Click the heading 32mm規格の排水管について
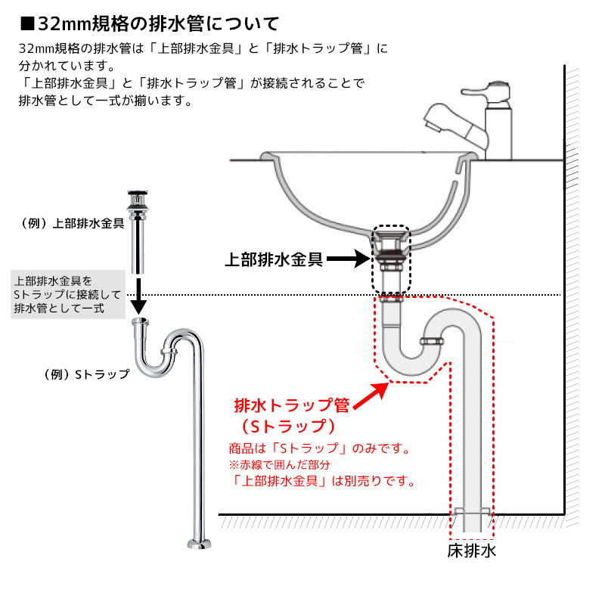[x=149, y=24]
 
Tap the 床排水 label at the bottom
[x=471, y=551]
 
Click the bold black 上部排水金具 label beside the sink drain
[x=274, y=259]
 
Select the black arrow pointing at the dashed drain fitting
[x=349, y=259]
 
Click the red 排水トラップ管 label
[x=292, y=405]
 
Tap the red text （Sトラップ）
[x=289, y=427]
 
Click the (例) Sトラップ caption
[x=86, y=374]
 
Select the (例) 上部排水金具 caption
[x=72, y=223]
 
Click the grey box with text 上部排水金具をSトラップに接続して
[x=68, y=294]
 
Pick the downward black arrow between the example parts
[x=138, y=296]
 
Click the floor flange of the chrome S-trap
[x=199, y=544]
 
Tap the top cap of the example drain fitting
[x=138, y=193]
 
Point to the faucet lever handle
[x=485, y=90]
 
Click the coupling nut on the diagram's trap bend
[x=432, y=341]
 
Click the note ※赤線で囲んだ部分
[x=279, y=464]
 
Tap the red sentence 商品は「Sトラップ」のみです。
[x=320, y=448]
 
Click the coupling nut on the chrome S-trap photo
[x=169, y=351]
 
